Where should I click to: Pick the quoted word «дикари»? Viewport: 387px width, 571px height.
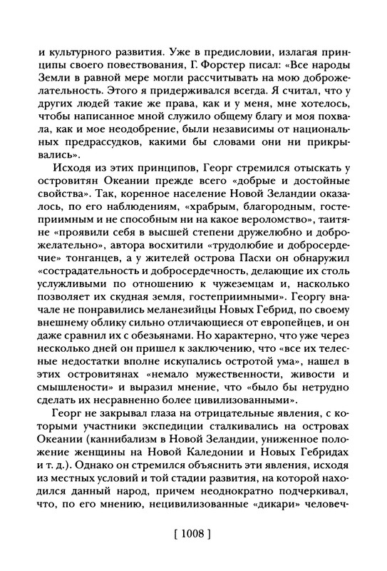(x=288, y=517)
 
